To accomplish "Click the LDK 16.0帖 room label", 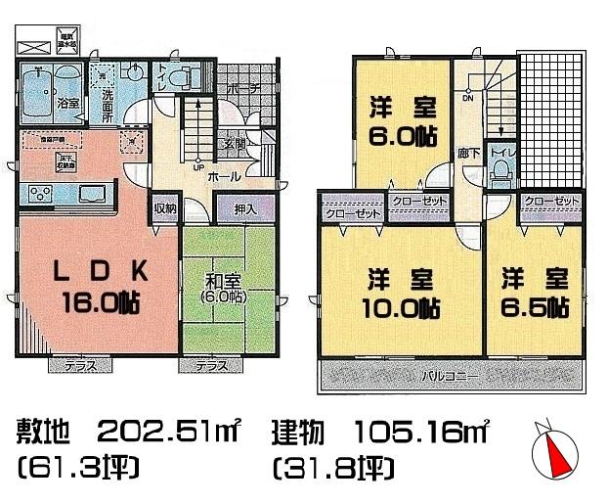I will [95, 284].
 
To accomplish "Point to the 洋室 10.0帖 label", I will [402, 292].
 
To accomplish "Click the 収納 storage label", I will [163, 207].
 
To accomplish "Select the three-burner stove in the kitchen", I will [40, 191].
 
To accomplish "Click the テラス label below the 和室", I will [210, 366].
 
